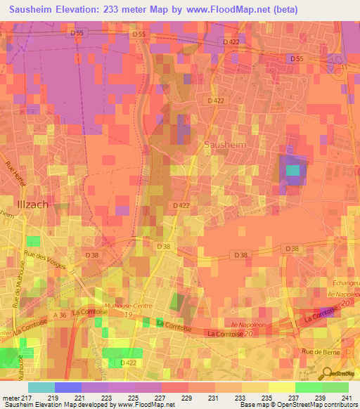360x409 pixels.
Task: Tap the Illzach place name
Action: [x=32, y=204]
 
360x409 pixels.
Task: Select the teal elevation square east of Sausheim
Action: [x=292, y=169]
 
